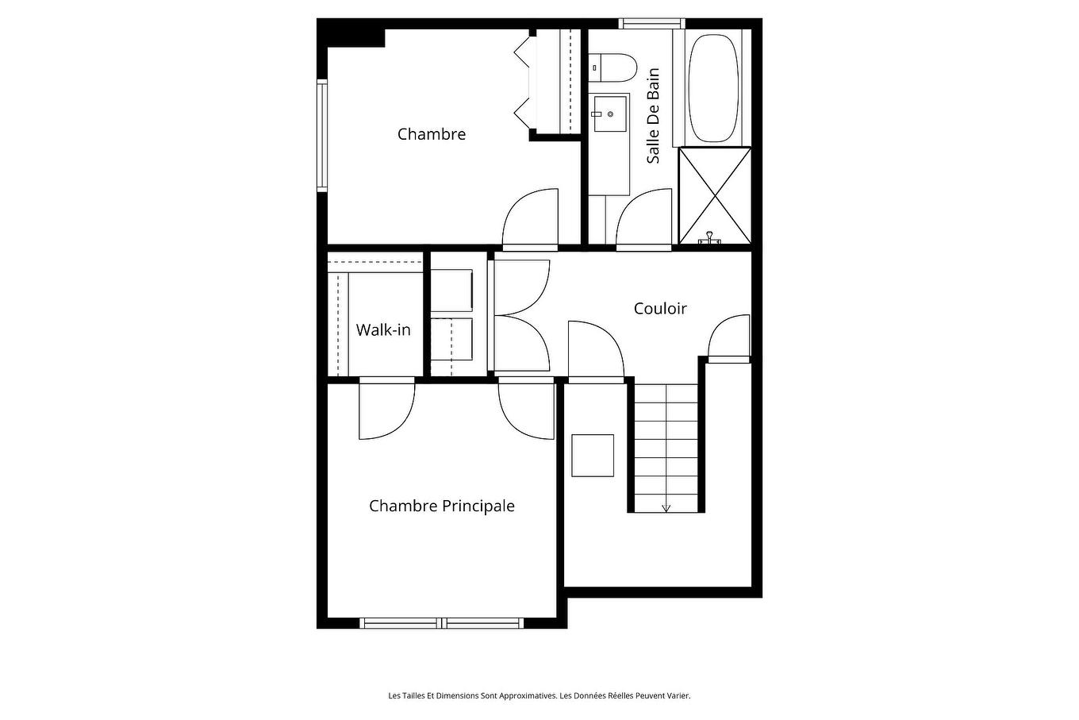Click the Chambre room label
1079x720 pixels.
pyautogui.click(x=431, y=134)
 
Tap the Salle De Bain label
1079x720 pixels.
pyautogui.click(x=653, y=116)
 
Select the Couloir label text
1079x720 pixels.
pyautogui.click(x=659, y=309)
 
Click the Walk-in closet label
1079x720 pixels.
pyautogui.click(x=383, y=329)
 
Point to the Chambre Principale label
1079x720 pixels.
pyautogui.click(x=441, y=506)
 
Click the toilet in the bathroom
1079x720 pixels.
pyautogui.click(x=613, y=67)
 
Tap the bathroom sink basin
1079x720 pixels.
pyautogui.click(x=609, y=114)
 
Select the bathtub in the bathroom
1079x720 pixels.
pyautogui.click(x=712, y=87)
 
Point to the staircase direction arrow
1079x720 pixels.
pyautogui.click(x=666, y=506)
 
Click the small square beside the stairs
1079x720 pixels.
pyautogui.click(x=593, y=455)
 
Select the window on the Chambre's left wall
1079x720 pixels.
pyautogui.click(x=322, y=136)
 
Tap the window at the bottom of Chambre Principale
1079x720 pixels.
pyautogui.click(x=443, y=622)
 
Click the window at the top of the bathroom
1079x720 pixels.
pyautogui.click(x=651, y=24)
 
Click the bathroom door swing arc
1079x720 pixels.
pyautogui.click(x=643, y=218)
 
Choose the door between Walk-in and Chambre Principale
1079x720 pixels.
pyautogui.click(x=386, y=410)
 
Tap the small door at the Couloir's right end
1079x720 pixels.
pyautogui.click(x=728, y=339)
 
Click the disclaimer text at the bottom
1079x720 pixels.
pyautogui.click(x=539, y=695)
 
